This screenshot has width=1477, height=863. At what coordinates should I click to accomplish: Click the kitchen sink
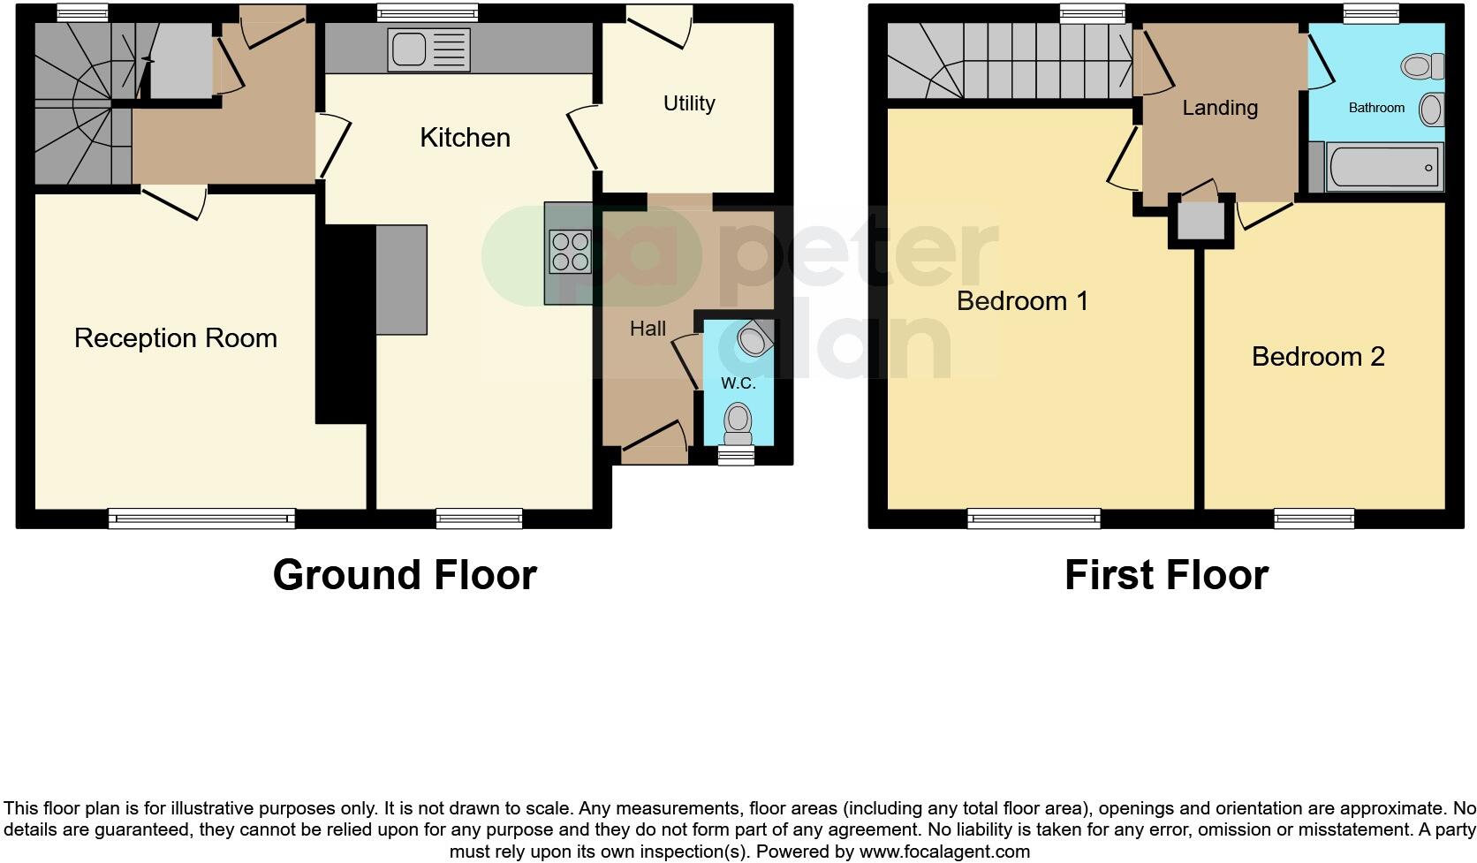(428, 49)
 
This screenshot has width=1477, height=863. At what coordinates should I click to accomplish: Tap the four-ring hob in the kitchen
(570, 251)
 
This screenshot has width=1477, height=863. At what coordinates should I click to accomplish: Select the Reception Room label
(176, 338)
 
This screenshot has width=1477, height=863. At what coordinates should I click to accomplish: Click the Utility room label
(689, 103)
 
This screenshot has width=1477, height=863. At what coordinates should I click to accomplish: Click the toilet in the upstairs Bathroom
(1421, 66)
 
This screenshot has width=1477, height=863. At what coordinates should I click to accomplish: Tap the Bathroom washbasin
(1431, 110)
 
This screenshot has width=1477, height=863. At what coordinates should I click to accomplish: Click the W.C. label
(738, 383)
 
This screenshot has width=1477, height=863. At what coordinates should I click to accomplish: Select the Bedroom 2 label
(1318, 357)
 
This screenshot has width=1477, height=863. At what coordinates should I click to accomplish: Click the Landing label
(1220, 108)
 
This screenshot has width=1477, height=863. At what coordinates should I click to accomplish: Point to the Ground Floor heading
(405, 575)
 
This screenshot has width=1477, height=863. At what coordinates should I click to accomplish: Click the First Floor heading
(1166, 575)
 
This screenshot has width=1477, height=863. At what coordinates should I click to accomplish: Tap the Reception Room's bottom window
(201, 519)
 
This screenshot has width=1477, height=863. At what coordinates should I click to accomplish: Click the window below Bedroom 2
(1314, 519)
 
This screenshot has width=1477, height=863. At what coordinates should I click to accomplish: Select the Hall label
(648, 329)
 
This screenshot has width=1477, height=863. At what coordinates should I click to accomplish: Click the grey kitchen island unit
(402, 279)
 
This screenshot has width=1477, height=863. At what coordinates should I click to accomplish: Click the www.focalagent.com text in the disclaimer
(944, 852)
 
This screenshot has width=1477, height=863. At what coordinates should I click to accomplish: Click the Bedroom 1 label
(1022, 301)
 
